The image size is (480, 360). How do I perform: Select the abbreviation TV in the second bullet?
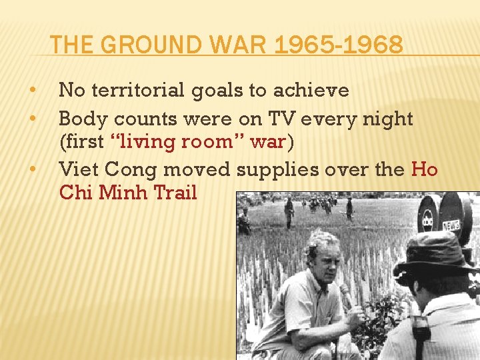(x=278, y=119)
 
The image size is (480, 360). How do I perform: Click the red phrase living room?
(x=181, y=142)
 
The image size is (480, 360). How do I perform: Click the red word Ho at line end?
(x=424, y=170)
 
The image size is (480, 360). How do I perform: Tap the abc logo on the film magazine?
(x=427, y=217)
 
